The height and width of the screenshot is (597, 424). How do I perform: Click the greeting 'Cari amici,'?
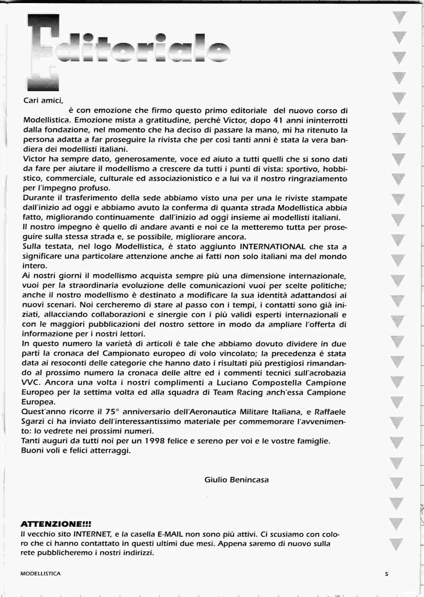pos(43,100)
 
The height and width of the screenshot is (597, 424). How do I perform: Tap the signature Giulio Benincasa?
pos(236,479)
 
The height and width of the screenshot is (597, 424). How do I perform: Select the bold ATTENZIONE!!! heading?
pos(56,524)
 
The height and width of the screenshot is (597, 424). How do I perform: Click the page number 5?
pos(387,574)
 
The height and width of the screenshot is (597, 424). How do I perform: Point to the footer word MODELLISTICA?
pos(41,574)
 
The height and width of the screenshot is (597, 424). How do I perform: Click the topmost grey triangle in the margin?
pos(399,18)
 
